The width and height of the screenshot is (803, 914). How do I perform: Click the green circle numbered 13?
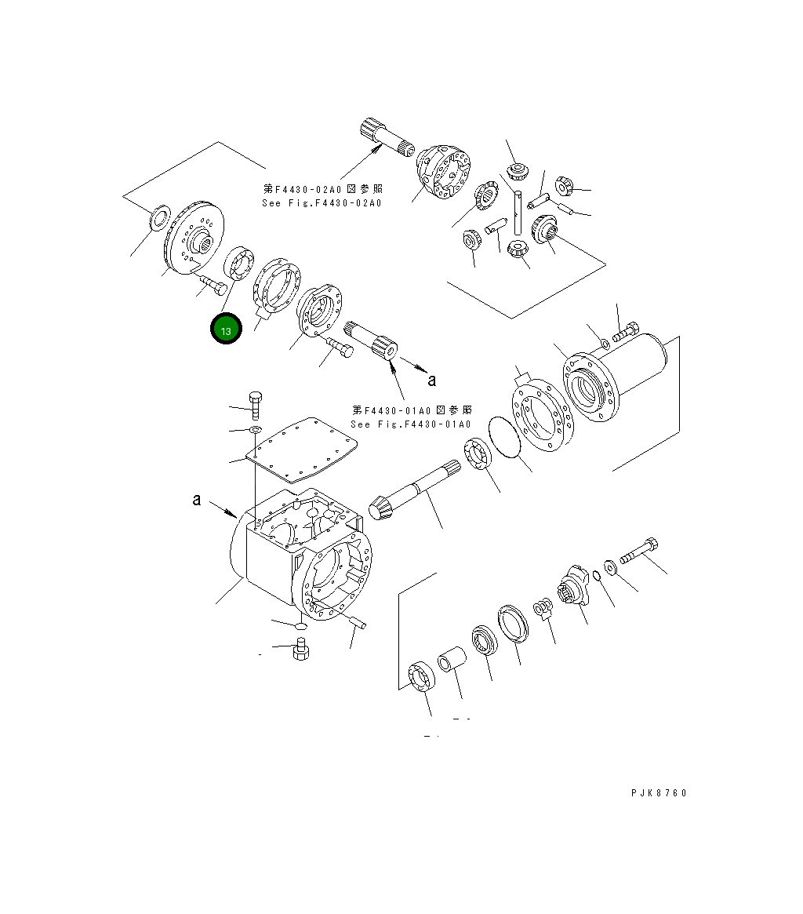226,330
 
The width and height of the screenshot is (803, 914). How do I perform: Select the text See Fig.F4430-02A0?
322,203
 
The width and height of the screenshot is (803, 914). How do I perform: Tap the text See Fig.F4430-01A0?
411,424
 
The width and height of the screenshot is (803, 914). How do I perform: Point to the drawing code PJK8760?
658,793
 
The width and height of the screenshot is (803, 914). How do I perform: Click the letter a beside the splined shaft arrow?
431,381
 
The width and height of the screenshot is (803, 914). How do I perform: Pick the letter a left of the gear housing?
197,499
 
